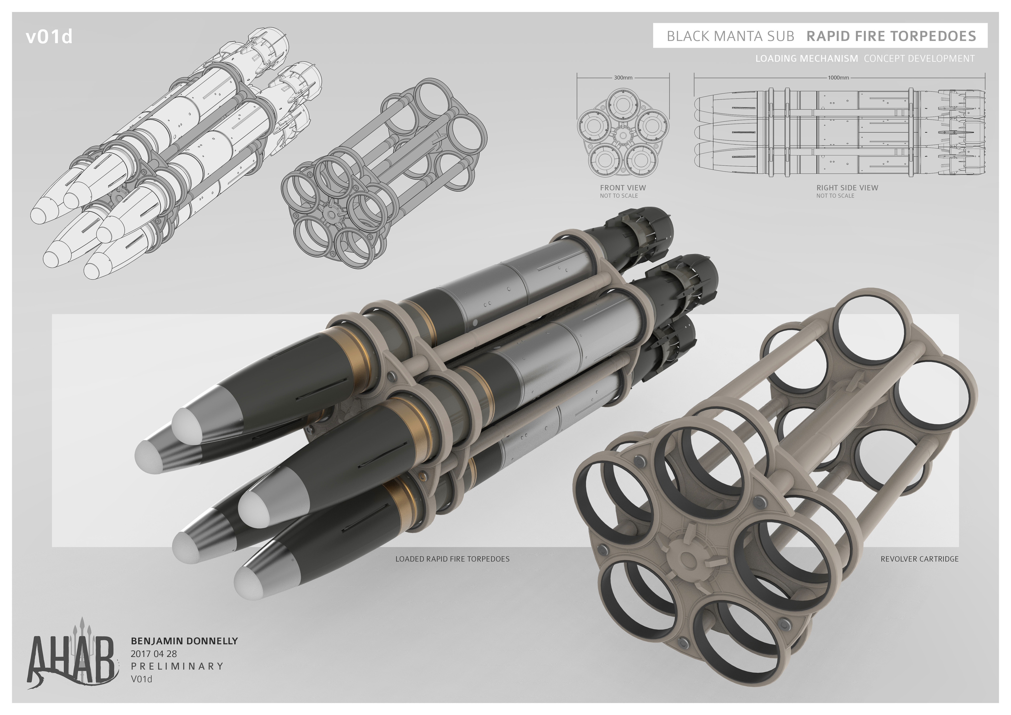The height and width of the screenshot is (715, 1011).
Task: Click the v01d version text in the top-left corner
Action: [49, 37]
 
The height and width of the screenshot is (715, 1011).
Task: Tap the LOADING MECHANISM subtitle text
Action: [806, 58]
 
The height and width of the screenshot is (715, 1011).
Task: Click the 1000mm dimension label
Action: [838, 77]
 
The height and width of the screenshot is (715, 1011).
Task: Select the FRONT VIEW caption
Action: [623, 188]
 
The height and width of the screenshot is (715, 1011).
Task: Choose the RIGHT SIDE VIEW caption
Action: [847, 188]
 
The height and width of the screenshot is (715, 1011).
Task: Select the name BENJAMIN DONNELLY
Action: [184, 641]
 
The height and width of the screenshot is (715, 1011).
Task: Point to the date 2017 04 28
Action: [154, 654]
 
